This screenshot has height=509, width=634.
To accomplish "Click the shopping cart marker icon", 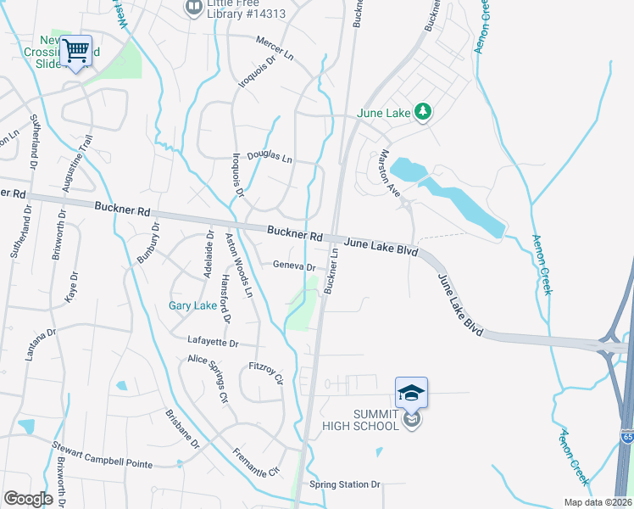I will tap(76, 51).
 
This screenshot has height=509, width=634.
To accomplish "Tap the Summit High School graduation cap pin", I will tap(411, 393).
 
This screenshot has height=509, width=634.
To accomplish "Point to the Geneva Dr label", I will tap(294, 266).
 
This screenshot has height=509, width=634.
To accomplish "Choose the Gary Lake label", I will tap(192, 305).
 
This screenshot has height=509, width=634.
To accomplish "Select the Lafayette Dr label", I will tap(220, 341).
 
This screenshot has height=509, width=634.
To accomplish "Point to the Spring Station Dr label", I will tap(346, 484).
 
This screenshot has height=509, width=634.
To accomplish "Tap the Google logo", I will tap(29, 498).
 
